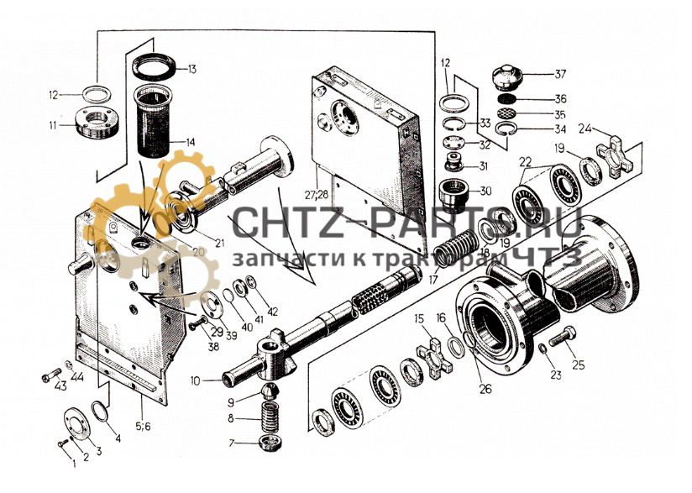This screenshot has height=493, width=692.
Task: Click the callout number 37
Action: point(560,74)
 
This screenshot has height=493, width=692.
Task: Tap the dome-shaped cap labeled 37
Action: point(507,76)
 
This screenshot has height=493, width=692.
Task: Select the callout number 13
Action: point(191,70)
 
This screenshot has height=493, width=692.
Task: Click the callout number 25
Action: point(578,365)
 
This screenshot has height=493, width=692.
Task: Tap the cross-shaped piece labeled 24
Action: point(616,155)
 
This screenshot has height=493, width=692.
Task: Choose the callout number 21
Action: point(219,243)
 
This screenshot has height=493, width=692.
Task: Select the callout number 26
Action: point(485,389)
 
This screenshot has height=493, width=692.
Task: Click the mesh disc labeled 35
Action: point(507,113)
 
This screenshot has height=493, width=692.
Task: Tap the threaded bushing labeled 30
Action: point(453,194)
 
